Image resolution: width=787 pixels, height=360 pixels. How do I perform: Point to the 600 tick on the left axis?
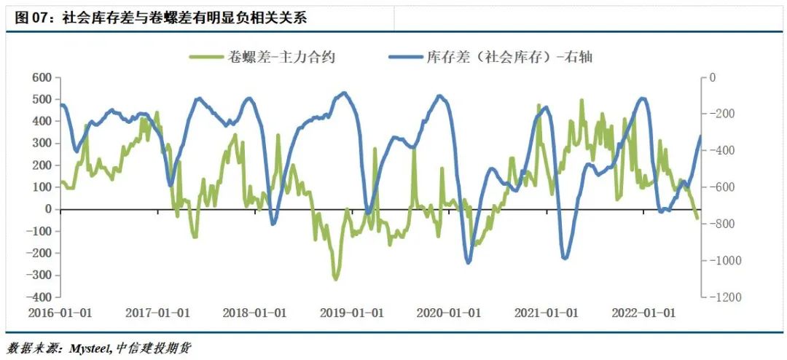41,77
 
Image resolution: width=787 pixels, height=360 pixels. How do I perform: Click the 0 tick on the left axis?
48,209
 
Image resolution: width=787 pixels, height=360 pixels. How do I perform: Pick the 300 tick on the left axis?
41,143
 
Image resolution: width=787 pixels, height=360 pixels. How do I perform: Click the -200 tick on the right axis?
724,114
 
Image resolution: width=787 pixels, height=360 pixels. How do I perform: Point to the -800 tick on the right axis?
724,224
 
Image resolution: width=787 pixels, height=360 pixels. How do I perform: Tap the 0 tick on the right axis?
713,77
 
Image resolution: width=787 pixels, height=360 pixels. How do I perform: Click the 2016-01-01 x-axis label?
60,313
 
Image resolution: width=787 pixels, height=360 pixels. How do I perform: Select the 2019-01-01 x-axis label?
352,313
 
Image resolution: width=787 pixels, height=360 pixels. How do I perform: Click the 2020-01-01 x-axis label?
449,313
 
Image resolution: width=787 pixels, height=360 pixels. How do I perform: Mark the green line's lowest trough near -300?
336,279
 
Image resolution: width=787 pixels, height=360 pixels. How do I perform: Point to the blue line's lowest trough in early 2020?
468,262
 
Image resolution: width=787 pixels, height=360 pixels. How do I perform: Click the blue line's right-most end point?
700,136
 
